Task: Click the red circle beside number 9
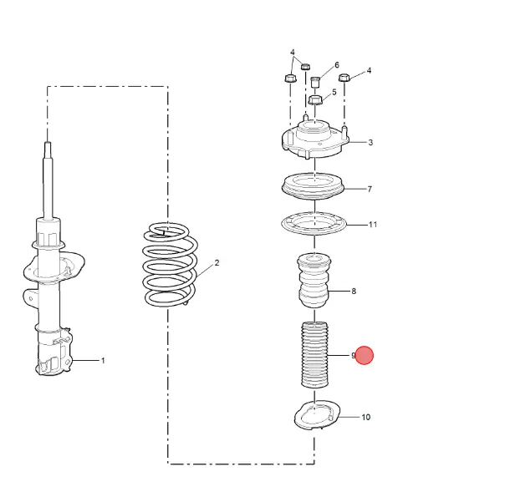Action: [364, 355]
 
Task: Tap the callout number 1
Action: [103, 360]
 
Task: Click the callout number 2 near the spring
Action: [217, 262]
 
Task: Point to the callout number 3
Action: [370, 142]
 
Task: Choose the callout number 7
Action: [370, 189]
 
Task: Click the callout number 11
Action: [373, 224]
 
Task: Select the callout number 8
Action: [354, 291]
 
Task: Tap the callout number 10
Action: [366, 417]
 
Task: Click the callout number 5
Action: [334, 92]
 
